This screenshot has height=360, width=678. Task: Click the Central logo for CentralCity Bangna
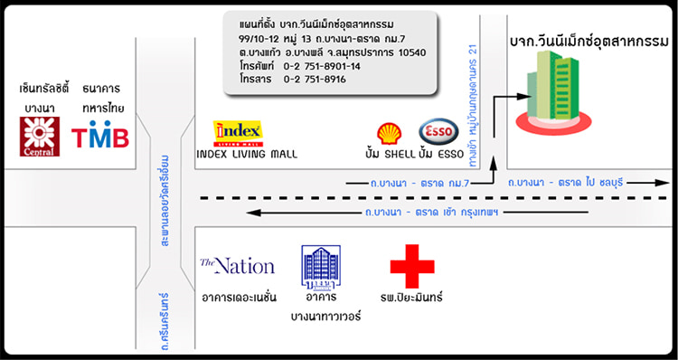(40, 137)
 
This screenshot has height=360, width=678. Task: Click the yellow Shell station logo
(390, 134)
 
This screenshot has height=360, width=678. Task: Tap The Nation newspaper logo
(237, 266)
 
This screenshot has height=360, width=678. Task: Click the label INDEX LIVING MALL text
(247, 155)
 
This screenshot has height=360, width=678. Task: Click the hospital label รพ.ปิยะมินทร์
(412, 298)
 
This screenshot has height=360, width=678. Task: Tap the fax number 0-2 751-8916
(315, 80)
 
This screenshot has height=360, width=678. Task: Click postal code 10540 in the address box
(406, 52)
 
